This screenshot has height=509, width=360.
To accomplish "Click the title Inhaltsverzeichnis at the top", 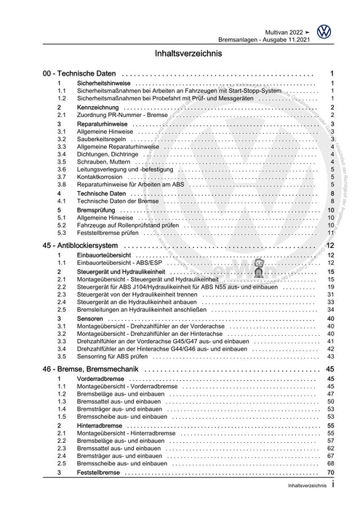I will [x=180, y=54].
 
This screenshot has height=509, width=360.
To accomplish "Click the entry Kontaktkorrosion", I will [x=103, y=176].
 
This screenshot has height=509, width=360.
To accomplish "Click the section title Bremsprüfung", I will [x=98, y=209].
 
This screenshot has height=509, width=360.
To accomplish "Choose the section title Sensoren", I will [x=92, y=299].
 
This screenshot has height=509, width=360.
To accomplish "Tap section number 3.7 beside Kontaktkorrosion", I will [x=63, y=176].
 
